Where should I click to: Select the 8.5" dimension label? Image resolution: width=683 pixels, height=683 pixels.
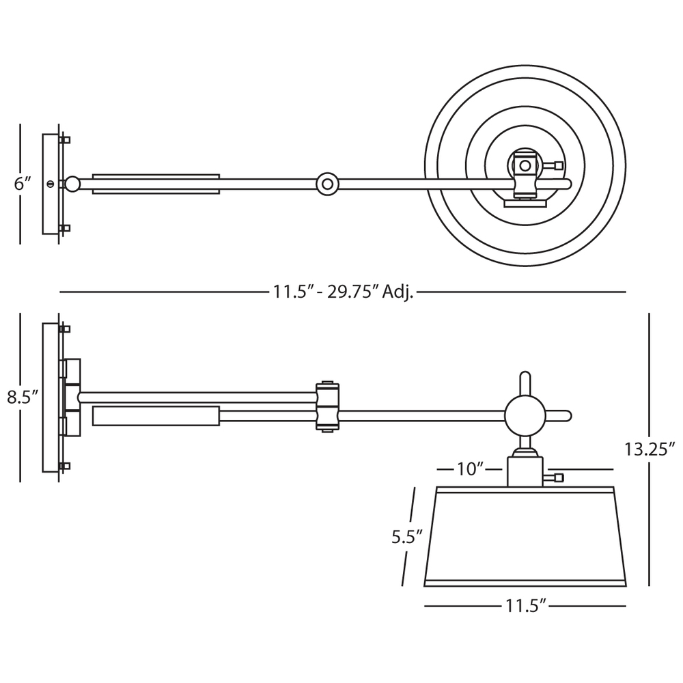tap(23, 398)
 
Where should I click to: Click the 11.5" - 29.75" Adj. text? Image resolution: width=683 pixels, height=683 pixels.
tap(343, 292)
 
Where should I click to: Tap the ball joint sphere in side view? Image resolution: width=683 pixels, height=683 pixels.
tap(525, 416)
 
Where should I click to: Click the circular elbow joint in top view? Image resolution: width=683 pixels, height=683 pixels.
tap(328, 184)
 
